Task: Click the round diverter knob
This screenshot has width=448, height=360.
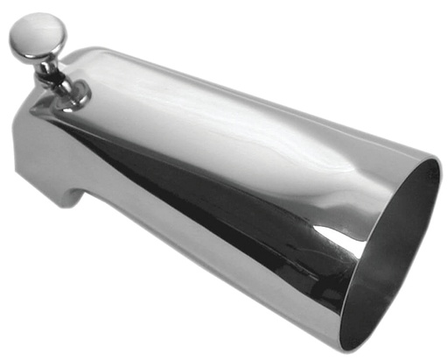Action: click(38, 37)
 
